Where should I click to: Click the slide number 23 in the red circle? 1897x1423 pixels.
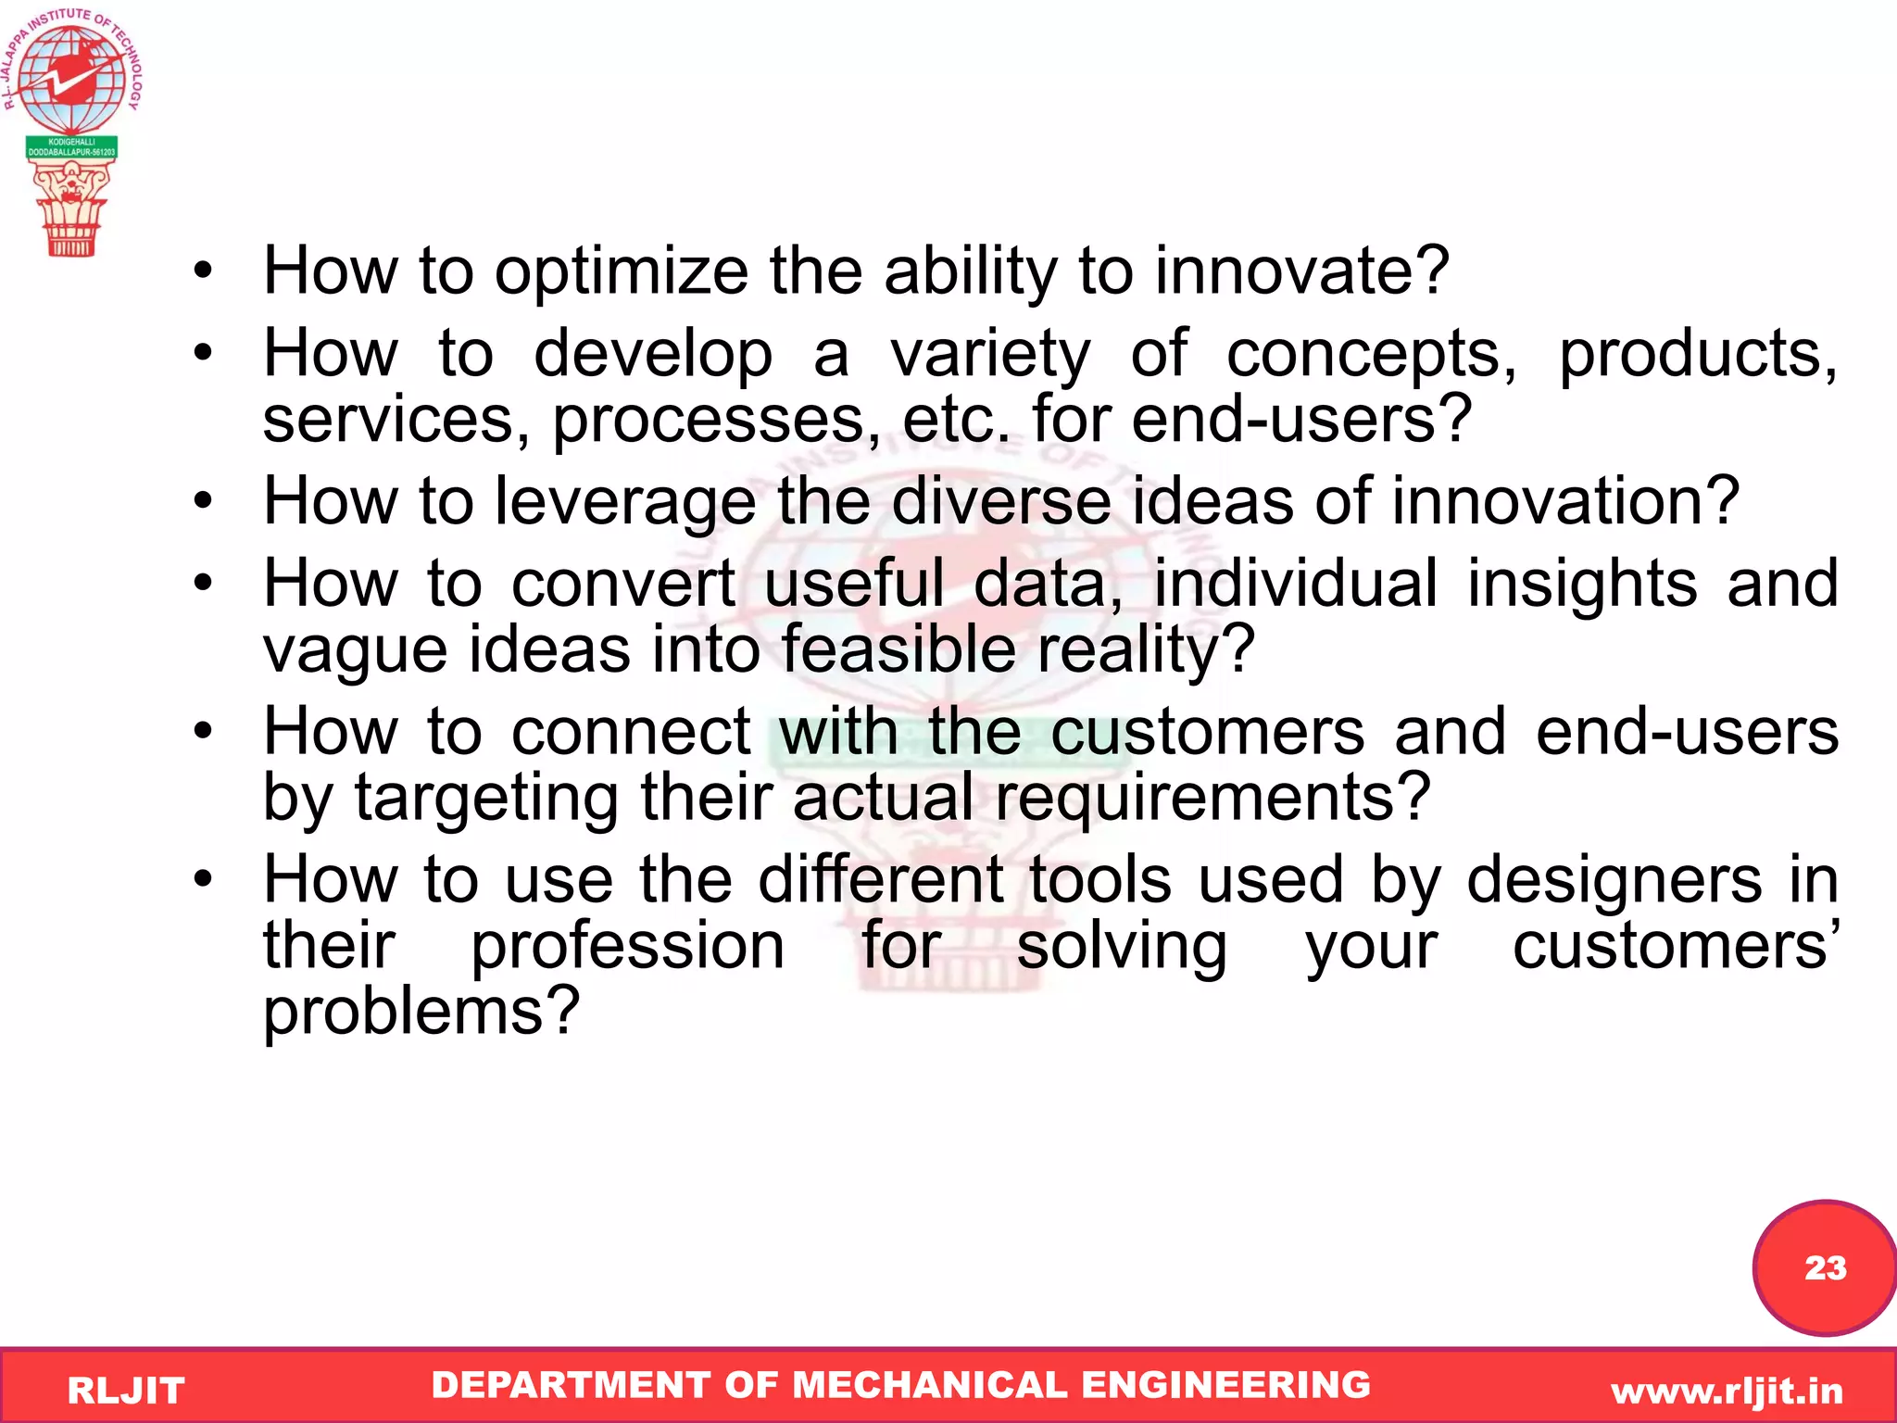(1825, 1267)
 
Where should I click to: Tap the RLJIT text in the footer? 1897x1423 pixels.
(126, 1391)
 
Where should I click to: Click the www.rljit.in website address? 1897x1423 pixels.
(1727, 1391)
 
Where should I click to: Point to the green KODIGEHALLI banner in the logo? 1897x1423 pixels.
(71, 147)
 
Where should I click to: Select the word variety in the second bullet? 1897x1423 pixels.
(990, 354)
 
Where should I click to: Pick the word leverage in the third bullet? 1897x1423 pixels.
(626, 501)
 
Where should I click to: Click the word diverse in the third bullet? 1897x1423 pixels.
(1000, 501)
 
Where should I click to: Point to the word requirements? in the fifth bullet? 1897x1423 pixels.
(1213, 798)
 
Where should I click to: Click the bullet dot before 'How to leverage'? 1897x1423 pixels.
(203, 501)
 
